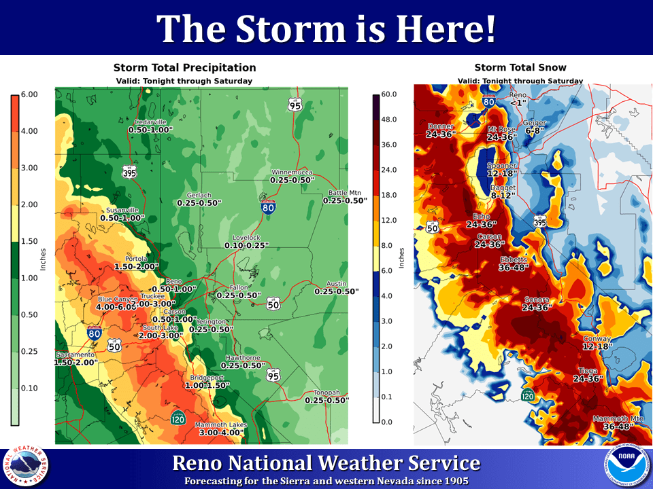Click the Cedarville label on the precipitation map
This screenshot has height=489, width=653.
click(x=150, y=122)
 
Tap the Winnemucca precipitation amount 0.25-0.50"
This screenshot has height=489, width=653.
click(x=292, y=180)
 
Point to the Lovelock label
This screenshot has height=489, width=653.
click(x=246, y=238)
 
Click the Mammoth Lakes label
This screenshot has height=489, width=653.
click(x=221, y=424)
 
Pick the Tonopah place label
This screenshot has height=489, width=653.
click(x=326, y=393)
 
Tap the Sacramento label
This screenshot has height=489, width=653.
click(x=75, y=355)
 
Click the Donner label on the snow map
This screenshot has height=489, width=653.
click(x=441, y=126)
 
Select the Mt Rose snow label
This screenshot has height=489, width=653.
click(x=502, y=128)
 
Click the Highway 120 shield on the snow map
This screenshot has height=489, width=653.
click(x=527, y=395)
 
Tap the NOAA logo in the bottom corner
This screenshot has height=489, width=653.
click(x=622, y=467)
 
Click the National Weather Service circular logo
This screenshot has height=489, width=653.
click(x=26, y=467)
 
